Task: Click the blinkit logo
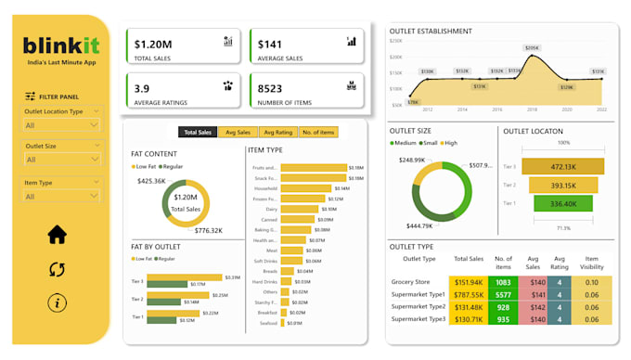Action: [x=61, y=45]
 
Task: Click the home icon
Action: [x=58, y=235]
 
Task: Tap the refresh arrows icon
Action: [x=58, y=269]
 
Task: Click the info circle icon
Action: [x=58, y=302]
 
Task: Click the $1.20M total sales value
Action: [x=153, y=44]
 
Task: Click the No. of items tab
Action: [x=317, y=133]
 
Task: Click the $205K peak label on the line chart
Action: [x=532, y=48]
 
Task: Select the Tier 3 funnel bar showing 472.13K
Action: [x=564, y=167]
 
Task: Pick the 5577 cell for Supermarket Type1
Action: [x=503, y=294]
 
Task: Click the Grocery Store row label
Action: [x=412, y=281]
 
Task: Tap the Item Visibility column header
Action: [x=592, y=264]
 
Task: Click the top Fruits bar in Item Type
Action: [x=313, y=169]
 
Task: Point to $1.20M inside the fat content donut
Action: [x=185, y=197]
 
